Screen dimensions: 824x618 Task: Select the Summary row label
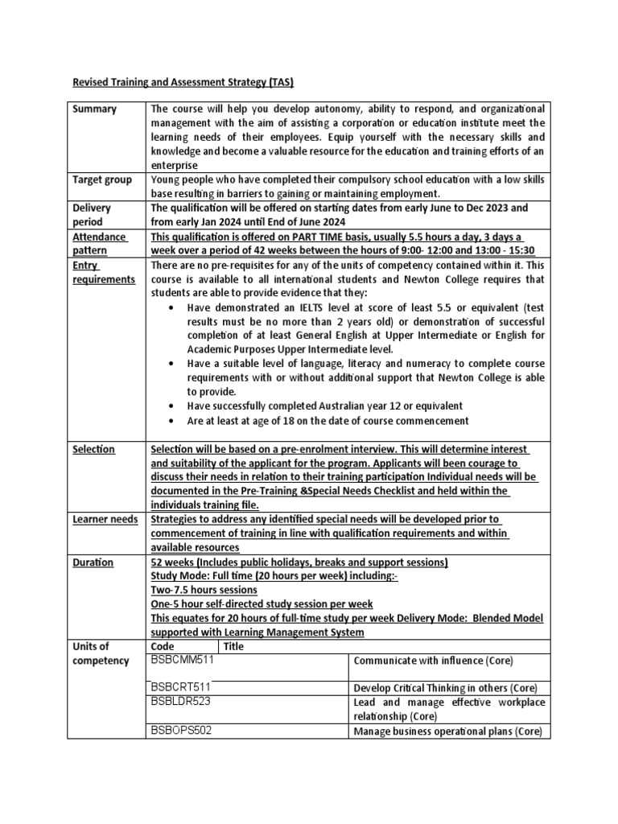pos(94,109)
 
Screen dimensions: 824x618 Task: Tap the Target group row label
pos(101,179)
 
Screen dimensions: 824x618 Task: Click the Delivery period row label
pos(92,214)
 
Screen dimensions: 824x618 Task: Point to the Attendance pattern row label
pos(99,244)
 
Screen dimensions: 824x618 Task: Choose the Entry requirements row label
pos(104,272)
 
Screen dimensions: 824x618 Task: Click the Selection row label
pos(94,449)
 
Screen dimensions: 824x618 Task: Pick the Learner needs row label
pos(105,519)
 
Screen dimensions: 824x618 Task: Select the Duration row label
pos(94,562)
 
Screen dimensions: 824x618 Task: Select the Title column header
pos(233,646)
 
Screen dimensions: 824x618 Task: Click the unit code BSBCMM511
pos(183,660)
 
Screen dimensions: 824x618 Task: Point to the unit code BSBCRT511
pos(183,687)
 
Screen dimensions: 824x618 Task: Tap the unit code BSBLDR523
pos(183,702)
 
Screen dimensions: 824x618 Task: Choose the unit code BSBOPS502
pos(183,730)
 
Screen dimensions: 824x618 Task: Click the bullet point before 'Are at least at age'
pos(175,421)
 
